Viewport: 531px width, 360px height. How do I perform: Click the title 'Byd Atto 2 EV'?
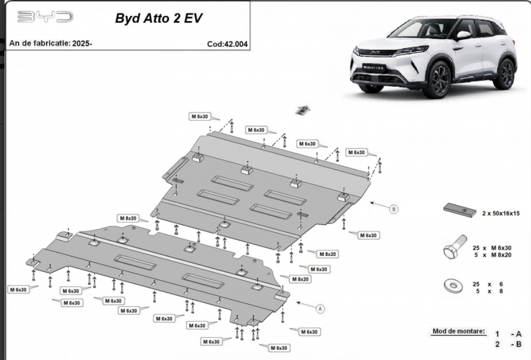pos(158,18)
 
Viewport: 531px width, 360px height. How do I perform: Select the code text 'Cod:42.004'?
pos(227,44)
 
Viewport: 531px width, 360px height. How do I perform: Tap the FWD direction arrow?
pos(303,109)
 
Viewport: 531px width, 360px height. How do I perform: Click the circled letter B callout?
pos(393,209)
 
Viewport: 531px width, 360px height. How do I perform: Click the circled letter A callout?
pos(321,308)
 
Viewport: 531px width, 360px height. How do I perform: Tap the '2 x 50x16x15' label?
pos(501,214)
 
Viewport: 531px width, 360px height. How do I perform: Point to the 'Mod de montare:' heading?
pos(459,331)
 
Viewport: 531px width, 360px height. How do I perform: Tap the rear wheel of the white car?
pos(506,74)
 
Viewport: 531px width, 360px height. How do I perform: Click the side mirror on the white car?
pos(463,35)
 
